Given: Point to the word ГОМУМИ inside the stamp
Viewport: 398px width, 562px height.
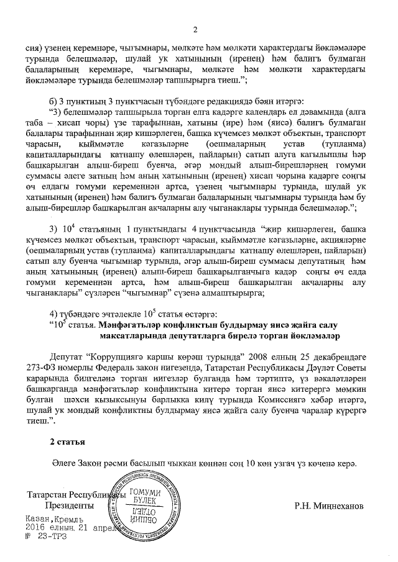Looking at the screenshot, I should click(144, 492).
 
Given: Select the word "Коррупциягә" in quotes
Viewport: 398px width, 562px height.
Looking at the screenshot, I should click(116, 358).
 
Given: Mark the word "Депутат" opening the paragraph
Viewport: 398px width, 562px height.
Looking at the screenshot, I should click(67, 358).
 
